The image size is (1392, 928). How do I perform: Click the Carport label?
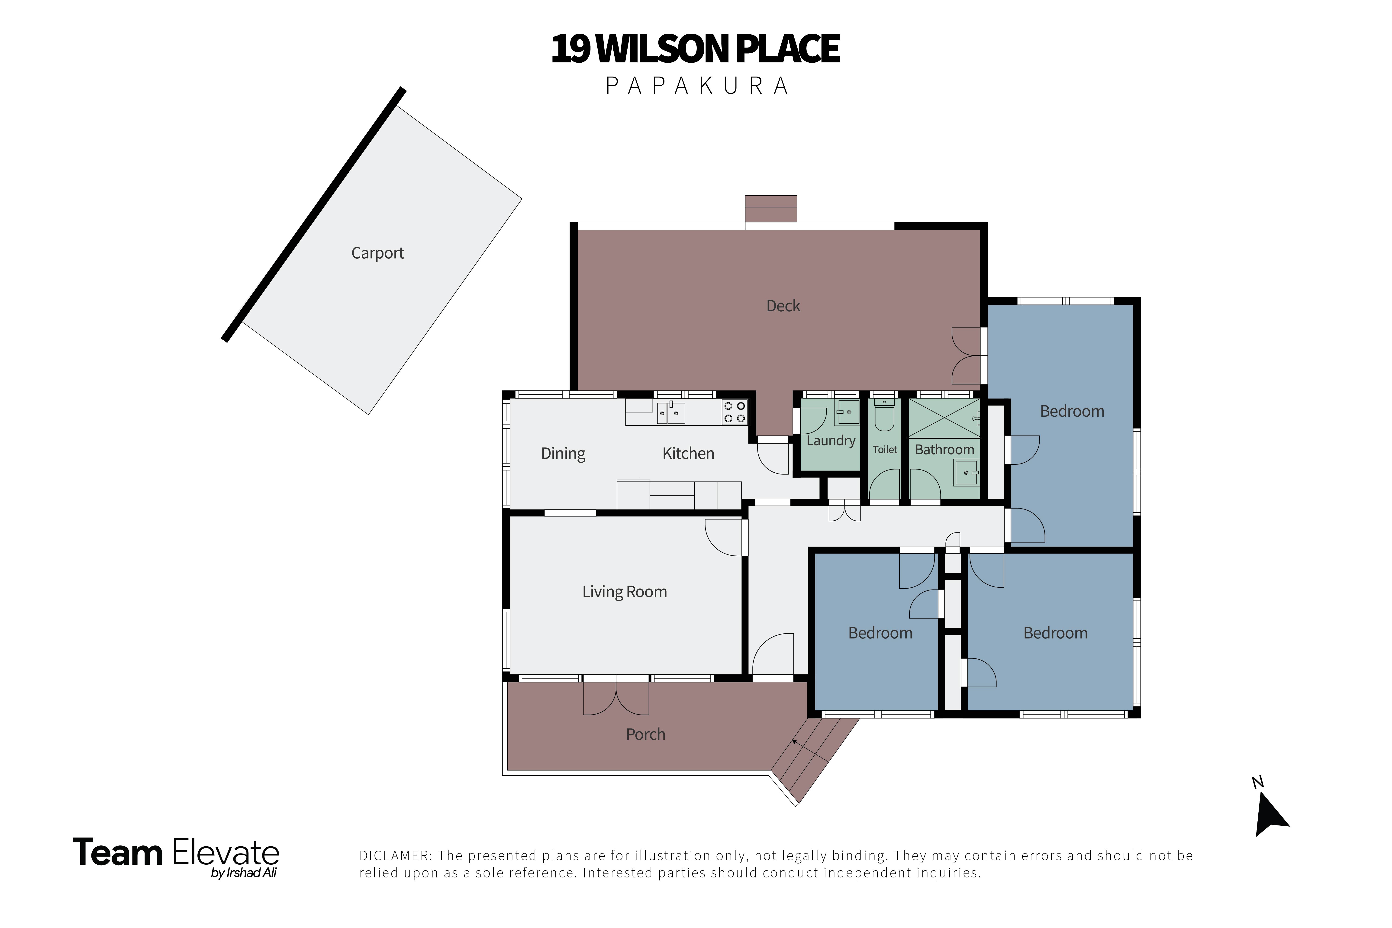click(x=378, y=253)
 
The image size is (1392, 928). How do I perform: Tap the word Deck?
click(x=783, y=306)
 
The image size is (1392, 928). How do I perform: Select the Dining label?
click(x=563, y=454)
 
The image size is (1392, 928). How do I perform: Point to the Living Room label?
click(x=624, y=592)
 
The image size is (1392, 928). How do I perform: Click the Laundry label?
click(x=831, y=441)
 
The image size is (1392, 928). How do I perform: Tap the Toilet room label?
click(x=885, y=450)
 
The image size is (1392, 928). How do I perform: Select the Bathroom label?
click(x=944, y=450)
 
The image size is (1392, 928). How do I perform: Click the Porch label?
click(x=646, y=735)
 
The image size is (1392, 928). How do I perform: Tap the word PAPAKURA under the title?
click(x=697, y=86)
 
